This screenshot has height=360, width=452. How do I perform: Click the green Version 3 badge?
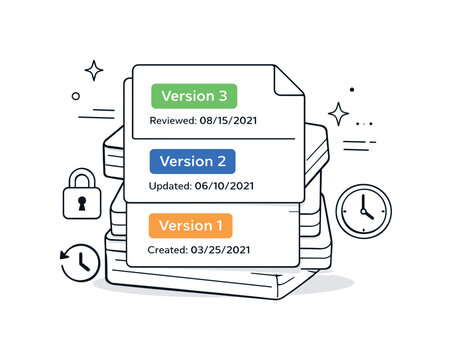(x=194, y=96)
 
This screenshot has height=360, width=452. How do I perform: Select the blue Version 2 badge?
(x=192, y=161)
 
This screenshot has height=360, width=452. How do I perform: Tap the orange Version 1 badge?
(x=190, y=225)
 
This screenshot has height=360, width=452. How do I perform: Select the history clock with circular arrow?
(x=80, y=262)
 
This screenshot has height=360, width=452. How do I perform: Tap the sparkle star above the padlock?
(x=94, y=70)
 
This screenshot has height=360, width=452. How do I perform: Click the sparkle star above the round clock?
(x=339, y=113)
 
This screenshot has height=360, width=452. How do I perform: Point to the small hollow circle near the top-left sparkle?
(x=75, y=96)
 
